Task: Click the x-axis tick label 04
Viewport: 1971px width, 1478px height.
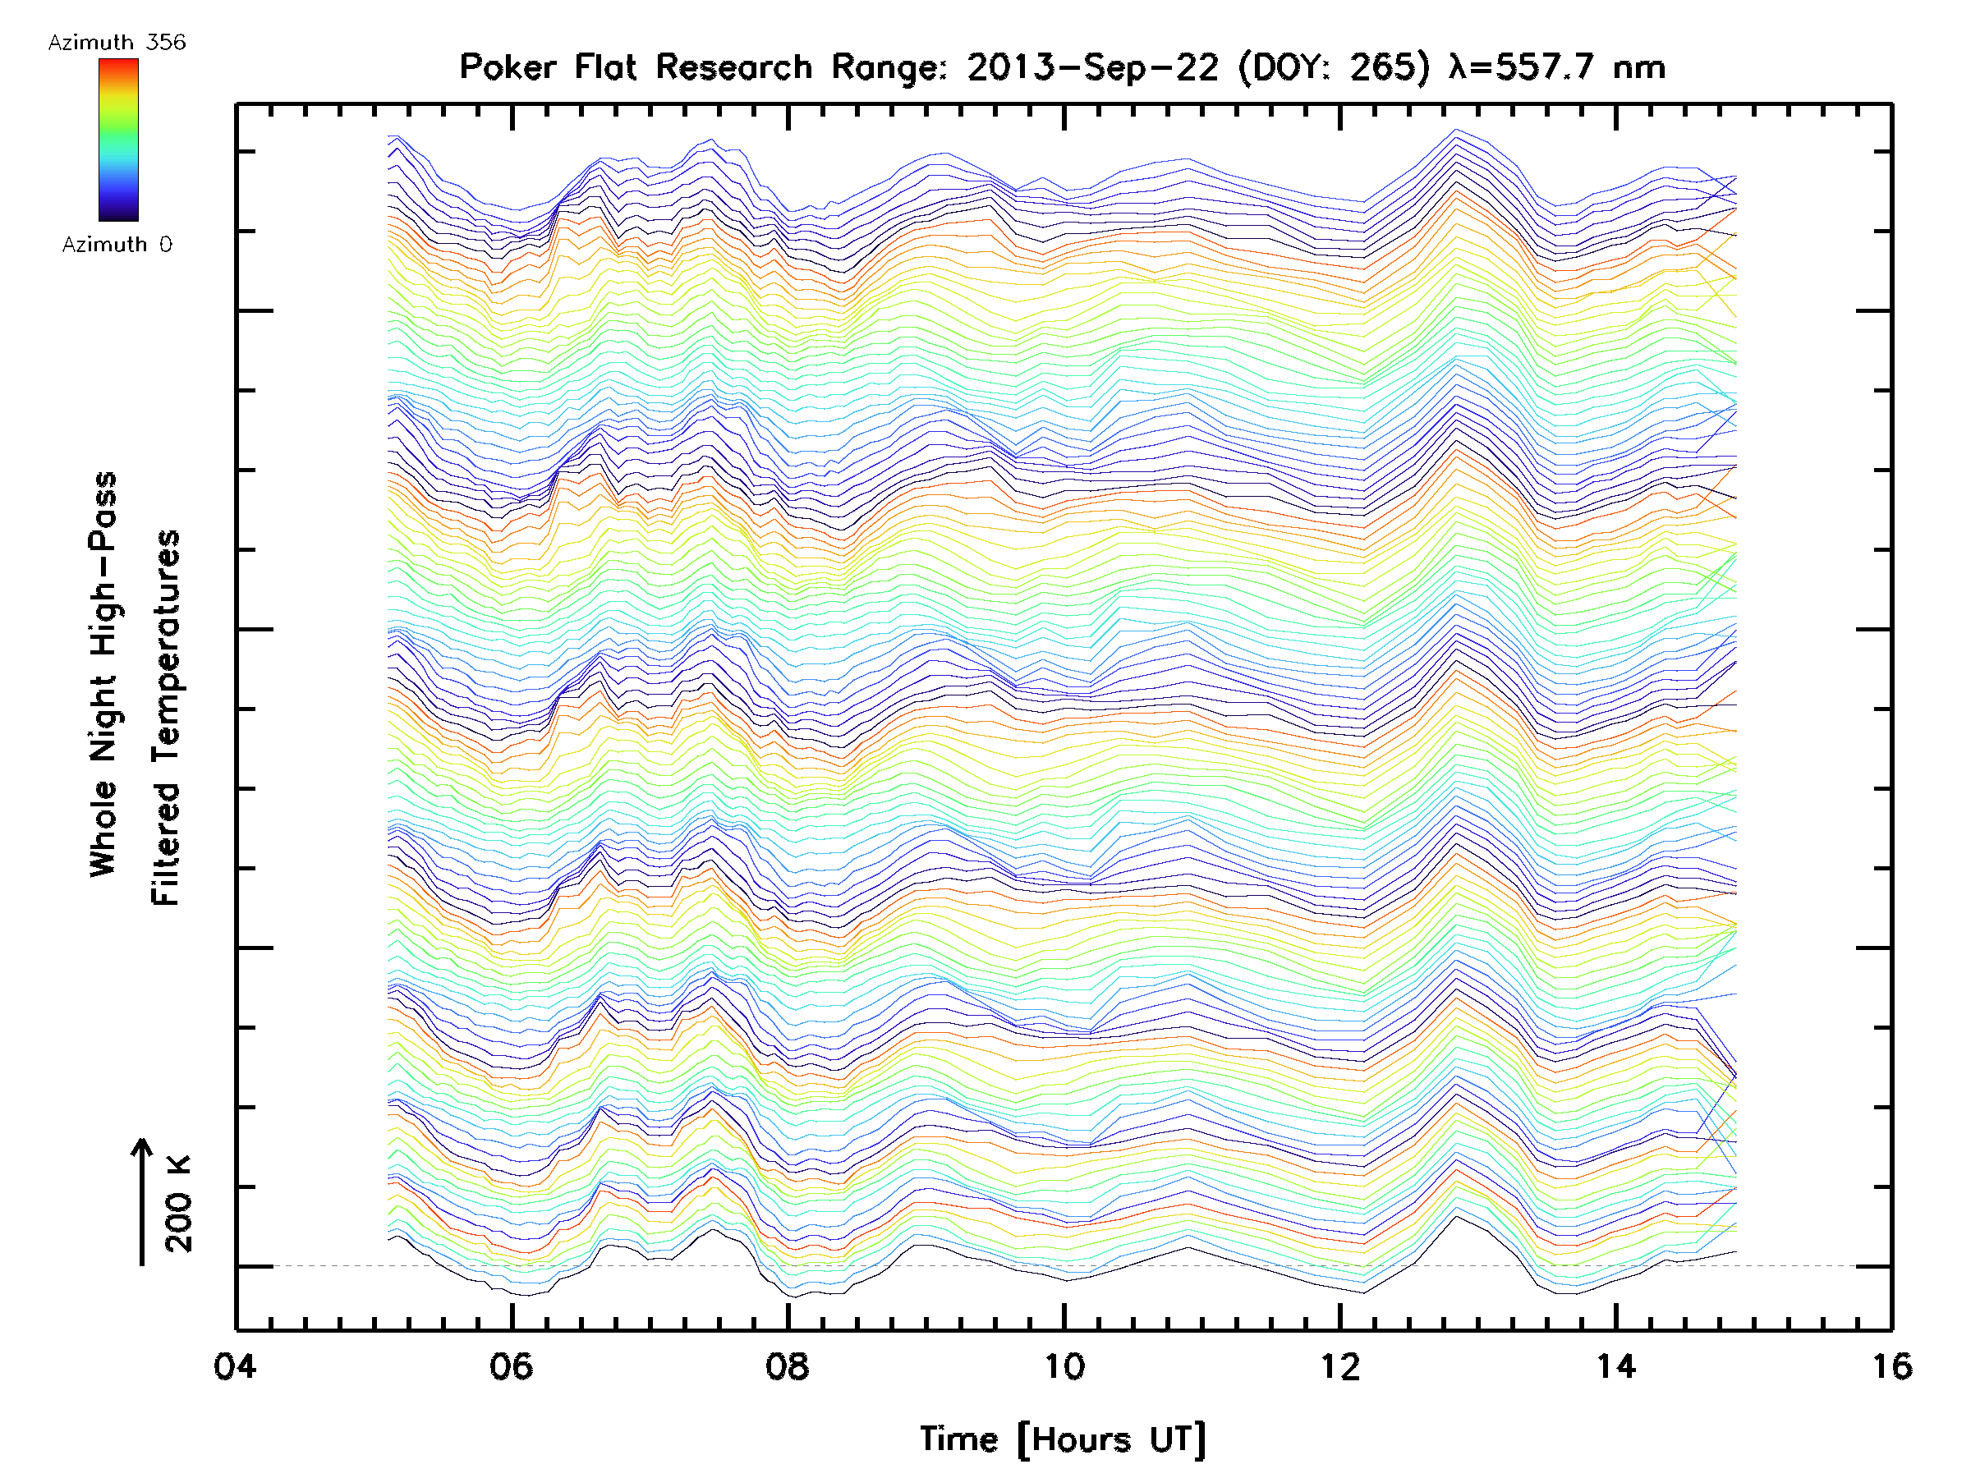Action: click(x=234, y=1366)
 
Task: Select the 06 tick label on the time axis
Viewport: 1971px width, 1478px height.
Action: click(x=512, y=1366)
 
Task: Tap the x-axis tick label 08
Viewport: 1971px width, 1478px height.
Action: click(x=788, y=1366)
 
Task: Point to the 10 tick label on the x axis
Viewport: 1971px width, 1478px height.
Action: click(x=1064, y=1366)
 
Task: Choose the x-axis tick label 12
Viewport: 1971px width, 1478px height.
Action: click(x=1340, y=1366)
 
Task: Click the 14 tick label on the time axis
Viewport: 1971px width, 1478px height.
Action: click(x=1615, y=1366)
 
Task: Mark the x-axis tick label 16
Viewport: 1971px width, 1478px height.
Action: click(x=1891, y=1366)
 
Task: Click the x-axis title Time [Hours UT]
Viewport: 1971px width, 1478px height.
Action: click(x=1063, y=1439)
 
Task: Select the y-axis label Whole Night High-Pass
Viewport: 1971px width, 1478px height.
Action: click(x=103, y=674)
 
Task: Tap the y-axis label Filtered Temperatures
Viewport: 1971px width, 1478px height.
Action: click(x=166, y=718)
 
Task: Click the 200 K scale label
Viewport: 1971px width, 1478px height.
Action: click(x=179, y=1204)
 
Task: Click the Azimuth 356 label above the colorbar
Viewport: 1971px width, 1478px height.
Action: click(x=117, y=43)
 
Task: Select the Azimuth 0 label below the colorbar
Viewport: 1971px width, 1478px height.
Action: click(x=117, y=244)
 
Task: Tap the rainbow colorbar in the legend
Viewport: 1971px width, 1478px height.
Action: click(x=118, y=140)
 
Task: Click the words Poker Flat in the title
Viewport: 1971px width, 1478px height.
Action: click(x=547, y=67)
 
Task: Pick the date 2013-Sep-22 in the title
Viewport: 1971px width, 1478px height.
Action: click(x=1092, y=67)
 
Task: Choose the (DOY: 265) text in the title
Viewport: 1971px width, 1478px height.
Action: click(x=1336, y=67)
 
